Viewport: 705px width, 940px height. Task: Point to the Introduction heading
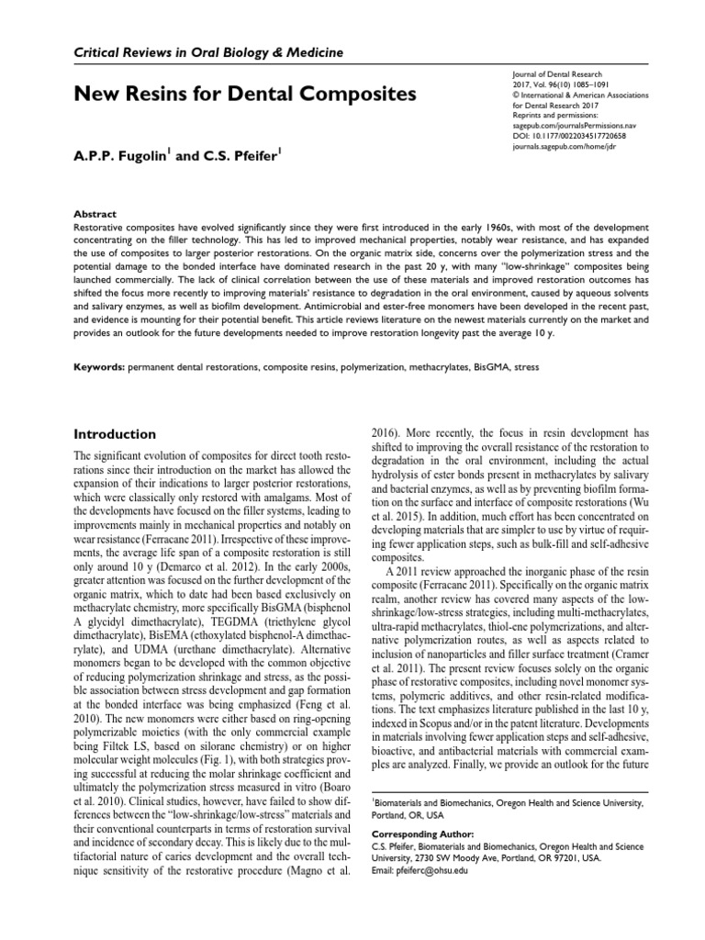pos(114,433)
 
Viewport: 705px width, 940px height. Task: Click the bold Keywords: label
pos(98,366)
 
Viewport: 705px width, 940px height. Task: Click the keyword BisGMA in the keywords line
pos(495,366)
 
